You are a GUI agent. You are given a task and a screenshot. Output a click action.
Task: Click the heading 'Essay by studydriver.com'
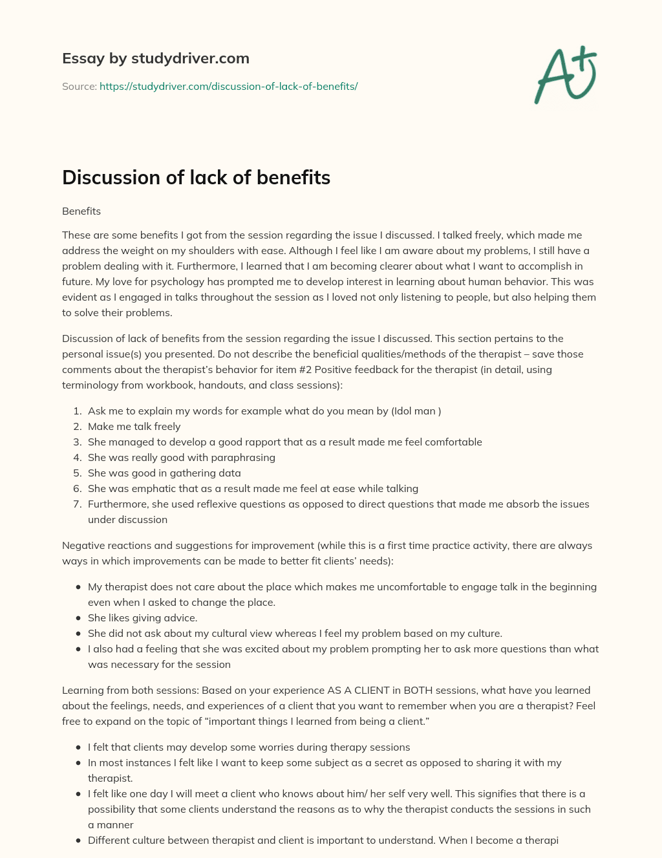[155, 59]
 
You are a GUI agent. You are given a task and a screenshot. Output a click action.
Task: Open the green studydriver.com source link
[228, 86]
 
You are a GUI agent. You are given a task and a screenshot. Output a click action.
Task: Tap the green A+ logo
[566, 75]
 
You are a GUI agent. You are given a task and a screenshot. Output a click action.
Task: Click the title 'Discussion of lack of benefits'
[196, 178]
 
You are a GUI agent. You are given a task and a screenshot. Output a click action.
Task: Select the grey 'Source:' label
[79, 86]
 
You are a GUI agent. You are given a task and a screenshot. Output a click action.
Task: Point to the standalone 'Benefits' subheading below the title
[81, 211]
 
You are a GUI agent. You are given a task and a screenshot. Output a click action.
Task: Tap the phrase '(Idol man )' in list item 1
[416, 411]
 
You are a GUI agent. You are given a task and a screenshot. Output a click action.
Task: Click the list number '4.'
[77, 458]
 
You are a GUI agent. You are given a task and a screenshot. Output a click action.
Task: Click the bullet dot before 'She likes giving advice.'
[78, 618]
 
